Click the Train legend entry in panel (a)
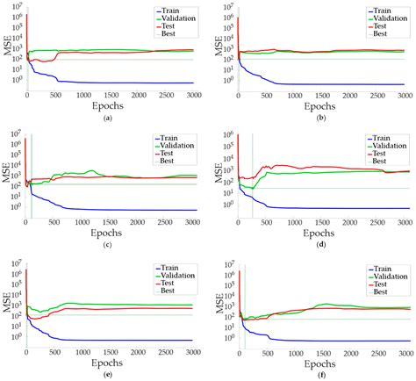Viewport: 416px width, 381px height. [x=166, y=9]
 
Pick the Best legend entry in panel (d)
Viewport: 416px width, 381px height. [x=378, y=161]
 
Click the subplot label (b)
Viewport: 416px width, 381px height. [x=320, y=117]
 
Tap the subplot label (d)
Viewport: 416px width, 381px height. [x=320, y=243]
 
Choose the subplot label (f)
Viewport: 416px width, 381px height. [x=320, y=372]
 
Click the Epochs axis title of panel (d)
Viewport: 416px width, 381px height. [x=321, y=233]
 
